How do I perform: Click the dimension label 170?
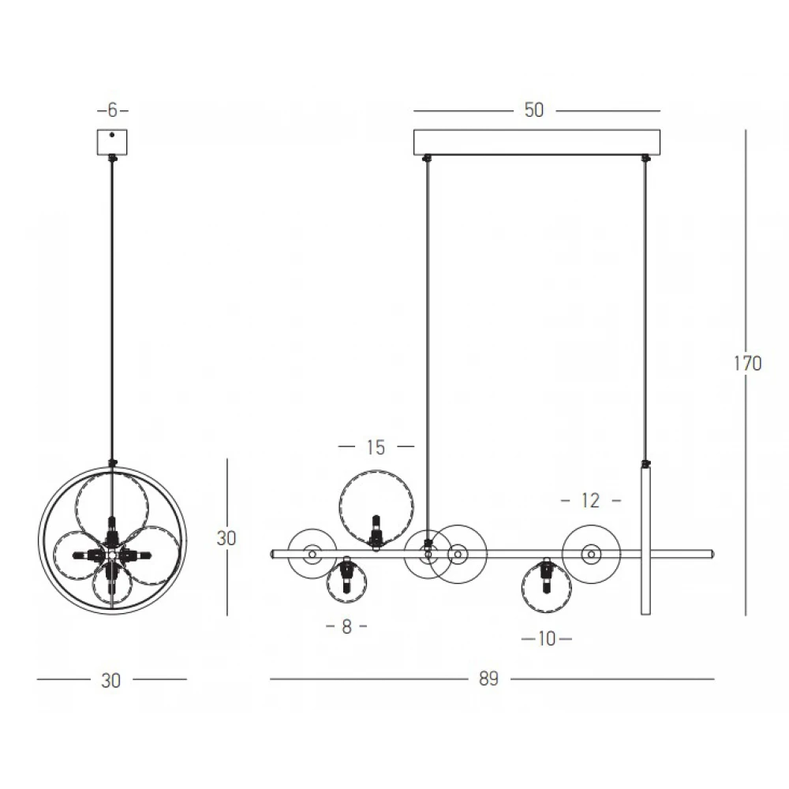(x=748, y=363)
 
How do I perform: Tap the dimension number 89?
(x=488, y=679)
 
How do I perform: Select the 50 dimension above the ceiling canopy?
(x=534, y=110)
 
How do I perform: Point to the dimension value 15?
(x=376, y=447)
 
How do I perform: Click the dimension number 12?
(x=591, y=501)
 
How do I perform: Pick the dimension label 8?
(x=346, y=626)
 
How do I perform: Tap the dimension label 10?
(x=547, y=639)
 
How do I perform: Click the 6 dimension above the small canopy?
(x=112, y=110)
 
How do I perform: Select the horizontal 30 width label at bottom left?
(x=110, y=681)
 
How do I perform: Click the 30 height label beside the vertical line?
(x=226, y=538)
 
